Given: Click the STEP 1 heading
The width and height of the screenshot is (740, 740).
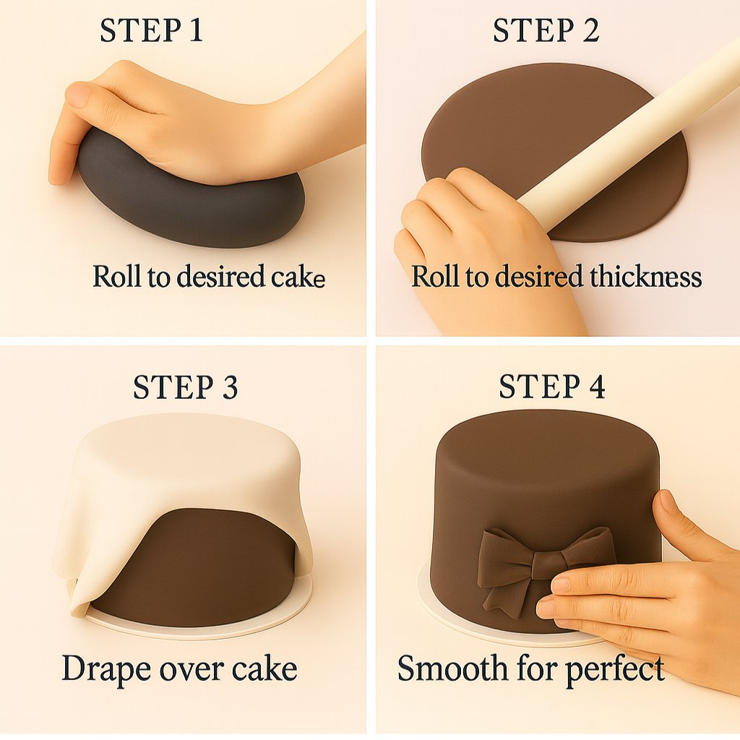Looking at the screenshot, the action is point(152,30).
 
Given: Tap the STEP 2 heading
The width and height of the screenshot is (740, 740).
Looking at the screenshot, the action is point(546,30).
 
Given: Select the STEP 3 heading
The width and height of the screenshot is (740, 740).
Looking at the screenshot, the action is point(186,387).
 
